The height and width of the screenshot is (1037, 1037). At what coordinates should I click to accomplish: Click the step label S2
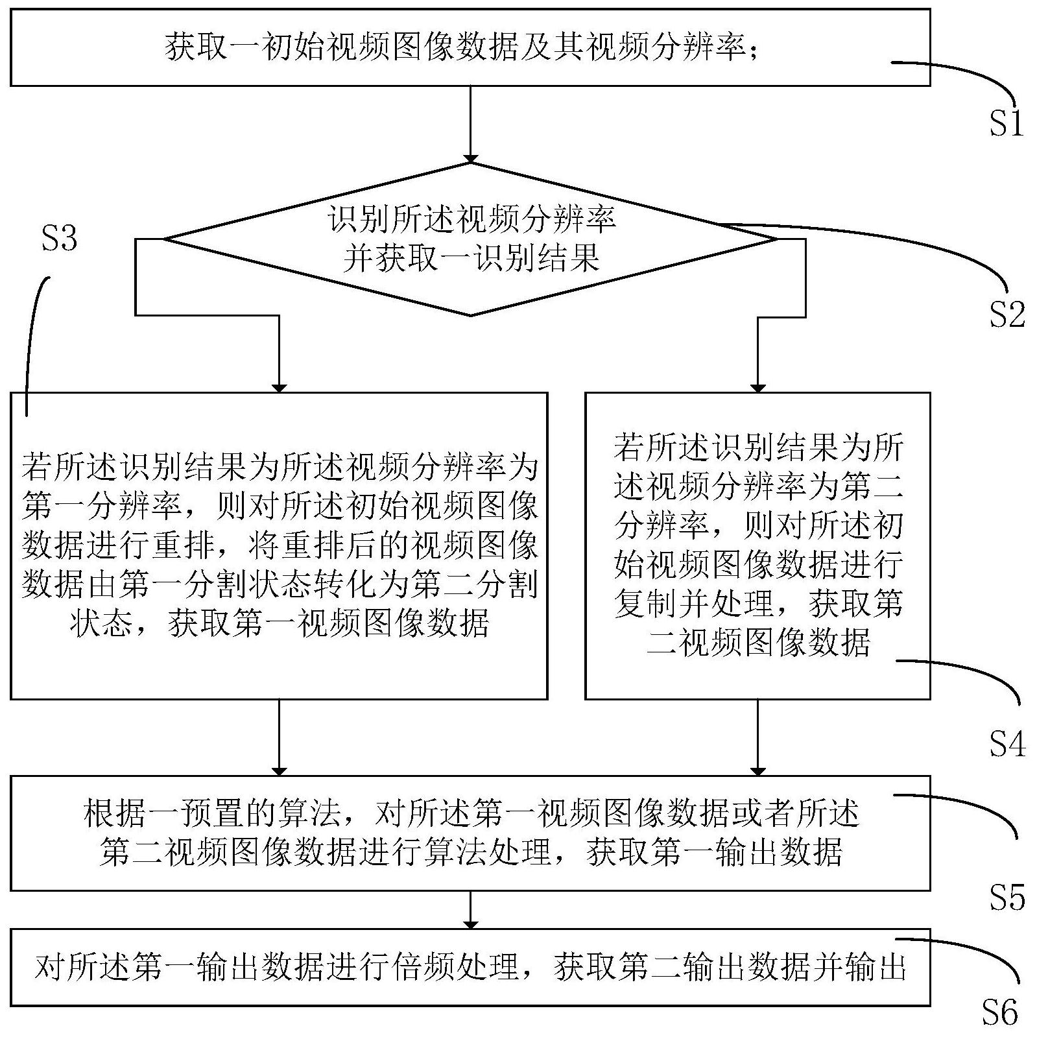[1007, 315]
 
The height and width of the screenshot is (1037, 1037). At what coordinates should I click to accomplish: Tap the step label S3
[59, 239]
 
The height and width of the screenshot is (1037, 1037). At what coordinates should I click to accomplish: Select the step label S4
[1007, 744]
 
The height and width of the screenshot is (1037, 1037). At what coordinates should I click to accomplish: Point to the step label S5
[1007, 897]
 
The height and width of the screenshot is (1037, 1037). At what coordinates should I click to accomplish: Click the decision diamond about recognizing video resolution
[471, 239]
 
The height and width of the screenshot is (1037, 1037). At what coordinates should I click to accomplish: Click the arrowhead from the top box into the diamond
[471, 158]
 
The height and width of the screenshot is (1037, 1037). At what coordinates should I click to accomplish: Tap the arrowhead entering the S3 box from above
[279, 387]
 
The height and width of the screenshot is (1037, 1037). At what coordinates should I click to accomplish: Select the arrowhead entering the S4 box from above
[757, 387]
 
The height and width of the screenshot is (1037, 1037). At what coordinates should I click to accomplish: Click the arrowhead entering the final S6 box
[471, 924]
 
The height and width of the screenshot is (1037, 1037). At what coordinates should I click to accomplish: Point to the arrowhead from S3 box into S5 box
[279, 771]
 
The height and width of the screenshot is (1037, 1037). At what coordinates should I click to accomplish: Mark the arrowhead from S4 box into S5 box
[757, 771]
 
